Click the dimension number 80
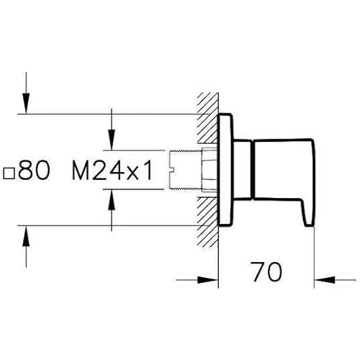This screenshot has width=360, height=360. (34, 170)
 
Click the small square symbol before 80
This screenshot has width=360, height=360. (9, 174)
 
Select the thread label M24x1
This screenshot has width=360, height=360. (112, 170)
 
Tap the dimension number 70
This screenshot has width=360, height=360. (266, 271)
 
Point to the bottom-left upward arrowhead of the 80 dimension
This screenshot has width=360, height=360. (26, 236)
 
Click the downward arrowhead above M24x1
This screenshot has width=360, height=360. (112, 140)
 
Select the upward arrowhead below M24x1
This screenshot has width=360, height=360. (112, 199)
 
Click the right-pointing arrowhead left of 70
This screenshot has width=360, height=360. (207, 280)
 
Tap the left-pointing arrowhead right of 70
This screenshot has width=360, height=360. (325, 280)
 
